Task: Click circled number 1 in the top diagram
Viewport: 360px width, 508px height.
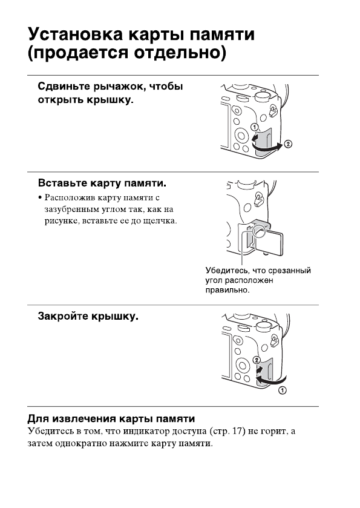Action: [x=255, y=127]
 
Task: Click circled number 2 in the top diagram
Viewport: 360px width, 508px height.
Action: [x=289, y=144]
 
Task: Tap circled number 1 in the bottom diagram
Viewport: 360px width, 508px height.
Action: [x=282, y=391]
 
